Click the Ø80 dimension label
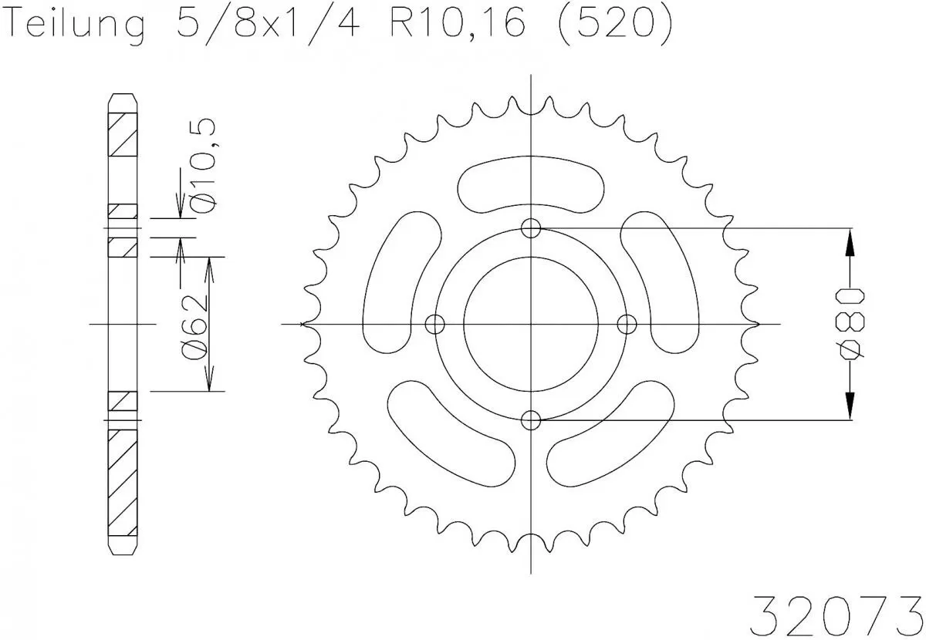pos(851,324)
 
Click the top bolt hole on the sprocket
pos(531,228)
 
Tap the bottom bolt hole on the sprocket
pos(531,419)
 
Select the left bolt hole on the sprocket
pos(435,323)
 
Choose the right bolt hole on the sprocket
pos(627,323)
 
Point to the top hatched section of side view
pos(123,136)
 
